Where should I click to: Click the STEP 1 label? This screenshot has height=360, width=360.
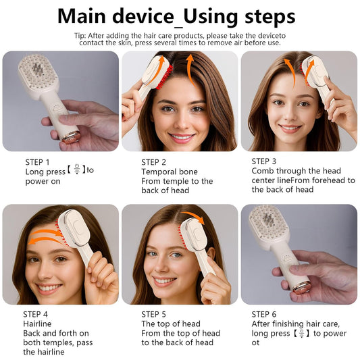[37, 162]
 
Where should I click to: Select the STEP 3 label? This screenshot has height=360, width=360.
[264, 161]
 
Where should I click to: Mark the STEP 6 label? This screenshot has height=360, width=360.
[264, 314]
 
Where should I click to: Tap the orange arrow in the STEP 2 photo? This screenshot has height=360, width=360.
[190, 70]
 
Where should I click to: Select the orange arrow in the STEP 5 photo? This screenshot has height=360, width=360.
[195, 220]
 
